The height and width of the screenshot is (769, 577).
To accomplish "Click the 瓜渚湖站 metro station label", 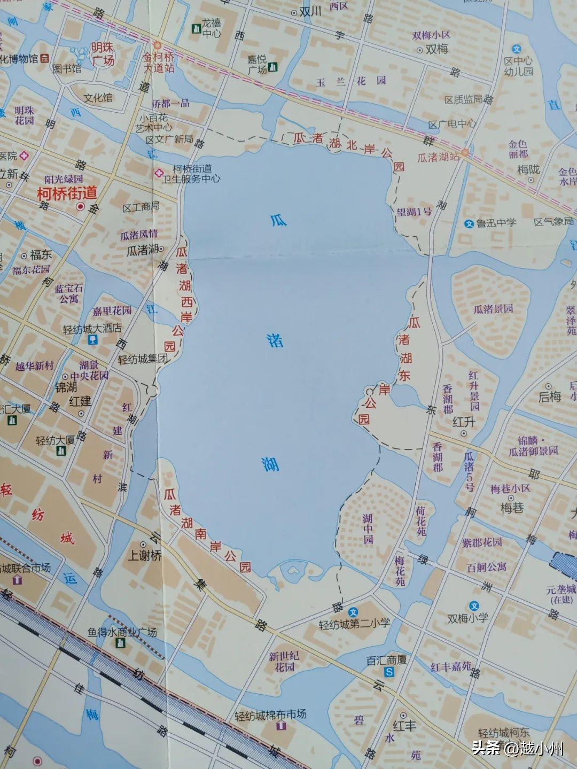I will [438, 157].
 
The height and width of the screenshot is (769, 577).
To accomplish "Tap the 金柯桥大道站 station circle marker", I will [157, 45].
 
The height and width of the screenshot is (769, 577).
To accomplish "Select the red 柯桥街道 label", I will [67, 193].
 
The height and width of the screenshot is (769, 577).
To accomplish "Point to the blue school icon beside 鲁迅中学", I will [469, 224].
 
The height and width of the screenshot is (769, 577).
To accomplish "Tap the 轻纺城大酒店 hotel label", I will [92, 328].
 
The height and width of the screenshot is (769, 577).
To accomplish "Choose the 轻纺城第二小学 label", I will [354, 623].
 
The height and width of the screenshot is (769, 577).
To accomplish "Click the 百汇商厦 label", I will [386, 660].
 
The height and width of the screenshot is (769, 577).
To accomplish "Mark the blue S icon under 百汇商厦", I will [389, 672].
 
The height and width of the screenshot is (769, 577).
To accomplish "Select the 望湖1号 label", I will [414, 212].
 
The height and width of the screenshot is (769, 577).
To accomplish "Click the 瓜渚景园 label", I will [493, 309].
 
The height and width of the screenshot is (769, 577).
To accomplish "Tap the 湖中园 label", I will [368, 529].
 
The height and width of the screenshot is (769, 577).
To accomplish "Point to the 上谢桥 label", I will [144, 555].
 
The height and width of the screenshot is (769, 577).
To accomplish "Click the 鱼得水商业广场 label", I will [122, 632].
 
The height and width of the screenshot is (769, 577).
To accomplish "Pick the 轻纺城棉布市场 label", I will [271, 714].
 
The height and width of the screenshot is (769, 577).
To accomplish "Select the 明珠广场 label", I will [102, 54].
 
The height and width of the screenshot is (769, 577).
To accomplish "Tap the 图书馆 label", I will [67, 68].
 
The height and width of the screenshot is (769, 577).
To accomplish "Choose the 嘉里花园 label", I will [112, 310].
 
